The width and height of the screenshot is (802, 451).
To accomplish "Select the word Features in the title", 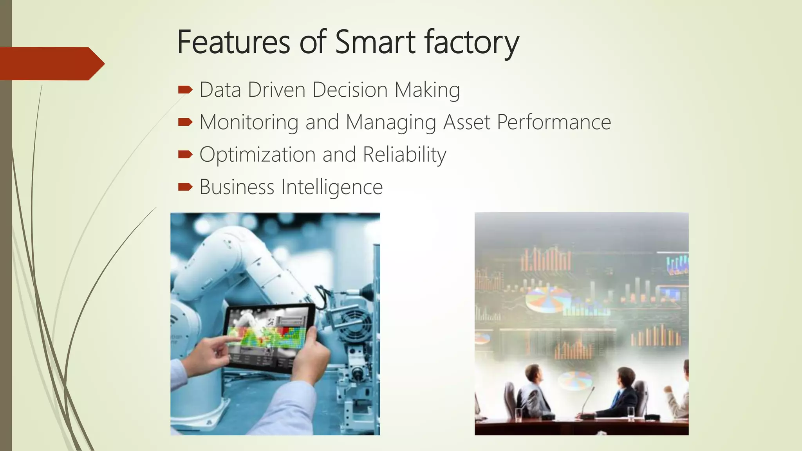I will coord(233,42).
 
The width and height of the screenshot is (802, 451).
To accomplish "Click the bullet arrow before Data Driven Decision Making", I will coord(185,90).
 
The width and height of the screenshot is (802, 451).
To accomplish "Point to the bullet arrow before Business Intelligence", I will coord(185,187).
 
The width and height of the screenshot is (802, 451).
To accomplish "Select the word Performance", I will coord(554,122).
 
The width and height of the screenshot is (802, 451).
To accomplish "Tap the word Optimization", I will coord(257,155).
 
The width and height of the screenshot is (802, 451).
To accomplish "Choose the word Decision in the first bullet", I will coord(350,90).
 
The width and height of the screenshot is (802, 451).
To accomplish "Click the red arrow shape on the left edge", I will coord(51,63).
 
